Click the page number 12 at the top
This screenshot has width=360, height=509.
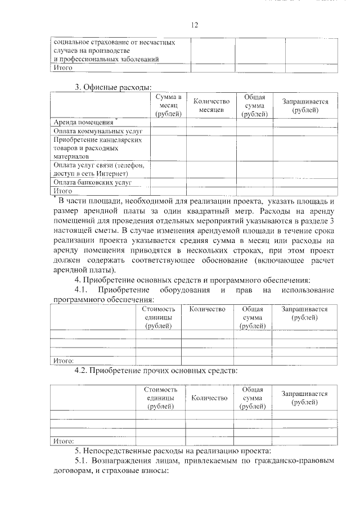pos(195,25)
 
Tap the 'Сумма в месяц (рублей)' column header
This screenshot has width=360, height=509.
pos(168,106)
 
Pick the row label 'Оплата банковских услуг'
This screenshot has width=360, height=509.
pos(92,183)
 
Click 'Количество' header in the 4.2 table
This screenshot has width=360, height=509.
pos(209,398)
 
